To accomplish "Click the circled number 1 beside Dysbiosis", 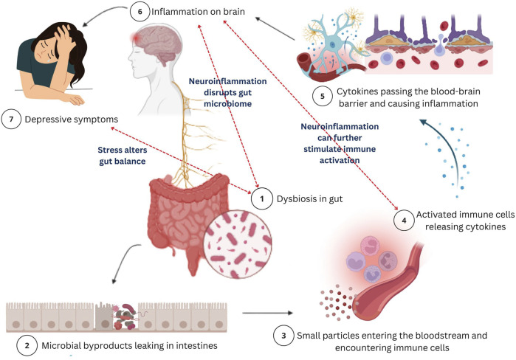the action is (x=262, y=198).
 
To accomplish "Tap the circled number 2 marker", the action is (x=27, y=345).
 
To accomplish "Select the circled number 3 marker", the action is (x=283, y=336).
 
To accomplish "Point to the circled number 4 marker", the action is (x=404, y=221).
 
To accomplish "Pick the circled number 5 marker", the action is (x=323, y=96).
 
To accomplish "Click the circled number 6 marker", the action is (x=140, y=12).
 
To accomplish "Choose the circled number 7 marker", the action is (x=11, y=119).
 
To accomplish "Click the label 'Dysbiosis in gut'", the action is (x=309, y=199).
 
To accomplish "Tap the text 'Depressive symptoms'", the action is (x=72, y=120).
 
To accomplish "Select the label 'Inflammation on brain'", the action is (x=198, y=12).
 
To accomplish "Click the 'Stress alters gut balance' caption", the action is (x=123, y=156).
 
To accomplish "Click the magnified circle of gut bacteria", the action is (x=238, y=244).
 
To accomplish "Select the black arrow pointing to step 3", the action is (x=267, y=313).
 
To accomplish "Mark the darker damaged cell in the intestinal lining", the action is (x=105, y=316).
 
